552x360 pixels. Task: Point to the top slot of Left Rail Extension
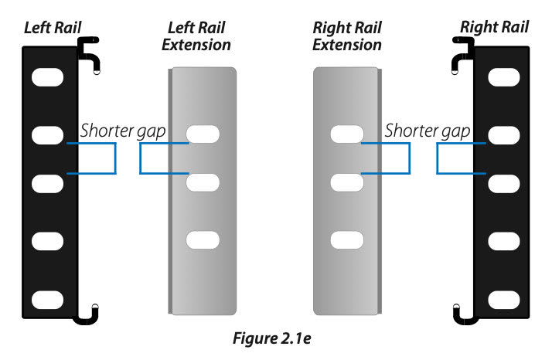point(203,134)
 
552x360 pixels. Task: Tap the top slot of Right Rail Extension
point(347,134)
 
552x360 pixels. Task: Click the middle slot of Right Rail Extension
point(347,183)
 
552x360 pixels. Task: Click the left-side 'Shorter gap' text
point(124,130)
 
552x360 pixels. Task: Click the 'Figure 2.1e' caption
point(275,338)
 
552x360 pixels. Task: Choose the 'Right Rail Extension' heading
point(346,36)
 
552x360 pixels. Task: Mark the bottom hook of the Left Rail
point(87,312)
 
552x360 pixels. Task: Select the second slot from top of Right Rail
point(503,135)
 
